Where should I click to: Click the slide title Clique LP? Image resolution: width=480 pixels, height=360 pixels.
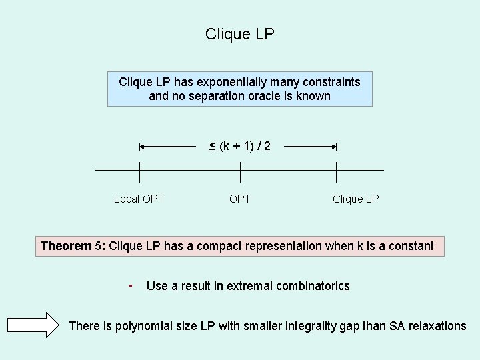tap(240, 34)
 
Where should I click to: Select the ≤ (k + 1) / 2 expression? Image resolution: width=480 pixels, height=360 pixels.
tap(240, 146)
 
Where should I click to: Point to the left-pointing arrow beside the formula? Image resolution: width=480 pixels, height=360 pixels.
tap(167, 146)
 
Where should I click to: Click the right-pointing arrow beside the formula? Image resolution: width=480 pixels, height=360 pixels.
tap(312, 146)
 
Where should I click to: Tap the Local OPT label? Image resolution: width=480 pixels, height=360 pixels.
tap(139, 199)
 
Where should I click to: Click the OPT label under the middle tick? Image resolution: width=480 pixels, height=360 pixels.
tap(240, 199)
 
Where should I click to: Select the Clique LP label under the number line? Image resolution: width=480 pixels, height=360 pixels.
tap(355, 199)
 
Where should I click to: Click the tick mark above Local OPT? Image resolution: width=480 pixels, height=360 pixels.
tap(139, 171)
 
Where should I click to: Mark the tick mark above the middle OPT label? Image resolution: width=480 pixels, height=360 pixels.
tap(240, 171)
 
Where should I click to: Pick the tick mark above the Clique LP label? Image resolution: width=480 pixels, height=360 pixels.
tap(337, 171)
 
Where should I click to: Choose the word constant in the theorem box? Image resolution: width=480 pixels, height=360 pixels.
tap(409, 246)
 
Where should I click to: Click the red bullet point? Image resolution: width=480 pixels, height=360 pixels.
tap(131, 287)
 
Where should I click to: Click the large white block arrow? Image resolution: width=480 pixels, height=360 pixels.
tap(34, 325)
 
